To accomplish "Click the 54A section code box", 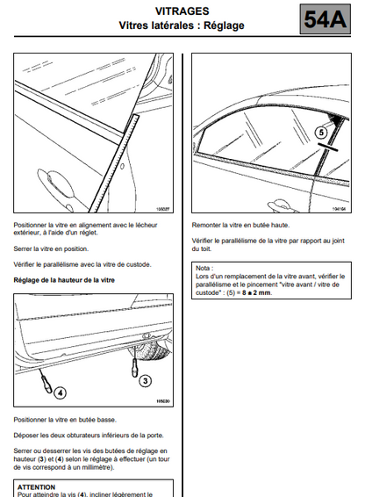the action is pyautogui.click(x=325, y=19).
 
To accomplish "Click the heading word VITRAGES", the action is pyautogui.click(x=182, y=11).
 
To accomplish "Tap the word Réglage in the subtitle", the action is pyautogui.click(x=224, y=25).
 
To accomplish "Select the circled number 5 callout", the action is pyautogui.click(x=321, y=133).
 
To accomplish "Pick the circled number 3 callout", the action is pyautogui.click(x=146, y=380).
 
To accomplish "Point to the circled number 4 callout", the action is pyautogui.click(x=61, y=393).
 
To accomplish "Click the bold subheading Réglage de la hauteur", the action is pyautogui.click(x=64, y=280).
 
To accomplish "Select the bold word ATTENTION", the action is pyautogui.click(x=37, y=487).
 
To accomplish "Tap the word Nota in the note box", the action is pyautogui.click(x=203, y=268).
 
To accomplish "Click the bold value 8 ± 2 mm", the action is pyautogui.click(x=256, y=292).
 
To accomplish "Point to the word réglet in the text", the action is pyautogui.click(x=87, y=233).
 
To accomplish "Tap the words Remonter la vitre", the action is pyautogui.click(x=217, y=226).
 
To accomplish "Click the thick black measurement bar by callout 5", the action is pyautogui.click(x=327, y=147).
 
